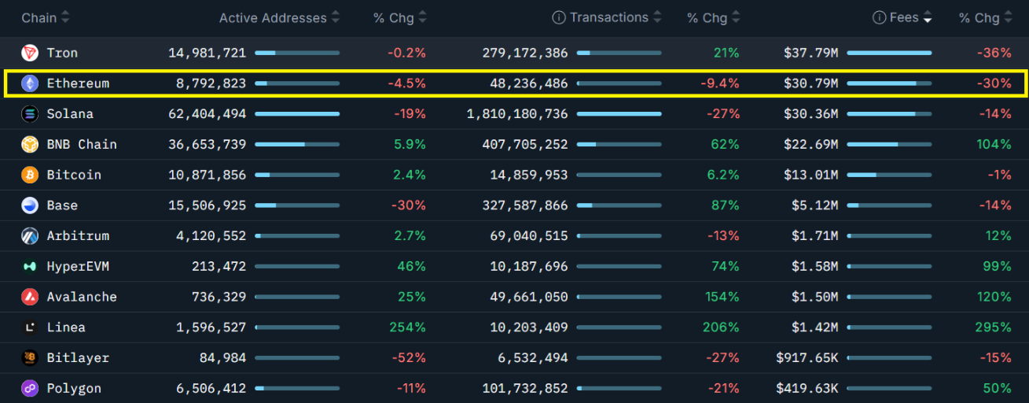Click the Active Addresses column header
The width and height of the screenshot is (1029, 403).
click(x=272, y=18)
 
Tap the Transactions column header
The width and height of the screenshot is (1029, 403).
click(x=609, y=18)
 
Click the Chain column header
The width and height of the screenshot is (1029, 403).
click(x=39, y=18)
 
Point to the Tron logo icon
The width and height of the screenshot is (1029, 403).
click(x=30, y=53)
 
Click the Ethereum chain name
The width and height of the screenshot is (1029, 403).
click(x=78, y=83)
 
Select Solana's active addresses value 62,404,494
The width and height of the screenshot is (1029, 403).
click(x=207, y=114)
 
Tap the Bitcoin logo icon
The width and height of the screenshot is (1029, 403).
click(x=30, y=175)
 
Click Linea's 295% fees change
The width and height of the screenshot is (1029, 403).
click(x=995, y=327)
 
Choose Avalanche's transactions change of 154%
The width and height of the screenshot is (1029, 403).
click(x=722, y=297)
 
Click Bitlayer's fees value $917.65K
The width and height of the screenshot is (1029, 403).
click(x=807, y=358)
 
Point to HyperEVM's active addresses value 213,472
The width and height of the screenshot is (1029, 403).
click(x=219, y=267)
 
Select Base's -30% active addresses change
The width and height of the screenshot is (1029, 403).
click(x=410, y=205)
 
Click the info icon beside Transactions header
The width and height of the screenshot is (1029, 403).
click(x=559, y=18)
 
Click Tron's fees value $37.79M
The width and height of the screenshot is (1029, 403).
click(x=810, y=53)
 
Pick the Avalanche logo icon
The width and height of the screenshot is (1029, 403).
click(x=30, y=297)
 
